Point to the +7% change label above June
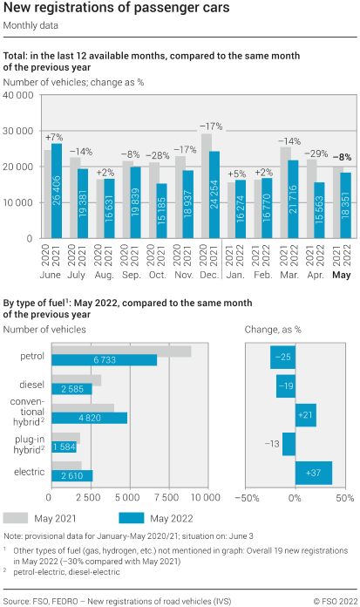coord(54,138)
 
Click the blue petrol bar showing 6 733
coord(105,359)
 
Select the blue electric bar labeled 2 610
coord(72,475)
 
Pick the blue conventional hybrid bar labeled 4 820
coord(90,418)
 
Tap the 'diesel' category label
coord(31,384)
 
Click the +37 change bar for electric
coord(314,473)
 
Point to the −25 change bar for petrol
coord(282,357)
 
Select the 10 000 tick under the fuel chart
coord(206,497)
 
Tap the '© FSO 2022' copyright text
coord(334,601)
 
